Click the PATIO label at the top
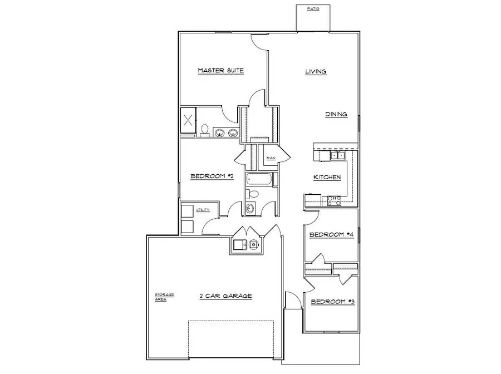(x=313, y=9)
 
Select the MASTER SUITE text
(x=221, y=71)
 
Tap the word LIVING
(x=315, y=71)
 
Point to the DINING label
(x=336, y=114)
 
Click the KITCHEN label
(x=327, y=177)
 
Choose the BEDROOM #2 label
(x=211, y=176)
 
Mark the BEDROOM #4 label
(x=332, y=234)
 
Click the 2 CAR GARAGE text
(x=226, y=296)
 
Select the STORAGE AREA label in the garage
(x=165, y=296)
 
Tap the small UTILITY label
(x=203, y=210)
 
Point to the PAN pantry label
(x=271, y=159)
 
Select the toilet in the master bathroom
(x=205, y=130)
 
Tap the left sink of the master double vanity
(x=220, y=132)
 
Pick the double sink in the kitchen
(x=337, y=155)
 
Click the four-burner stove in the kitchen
(x=334, y=200)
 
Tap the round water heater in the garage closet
(x=253, y=244)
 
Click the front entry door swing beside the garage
(x=291, y=298)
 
